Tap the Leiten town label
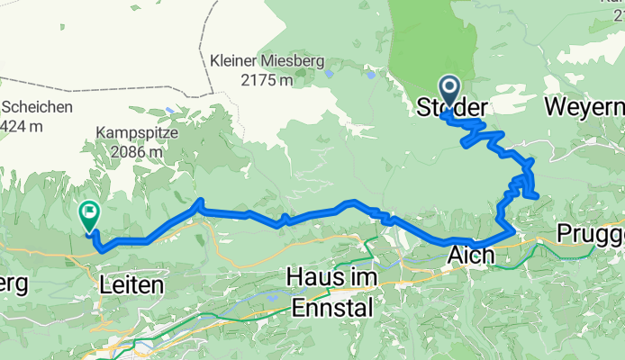[132, 285]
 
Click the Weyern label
[584, 108]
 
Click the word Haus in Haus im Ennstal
[307, 277]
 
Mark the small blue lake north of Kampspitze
[169, 111]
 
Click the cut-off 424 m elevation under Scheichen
[22, 126]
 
